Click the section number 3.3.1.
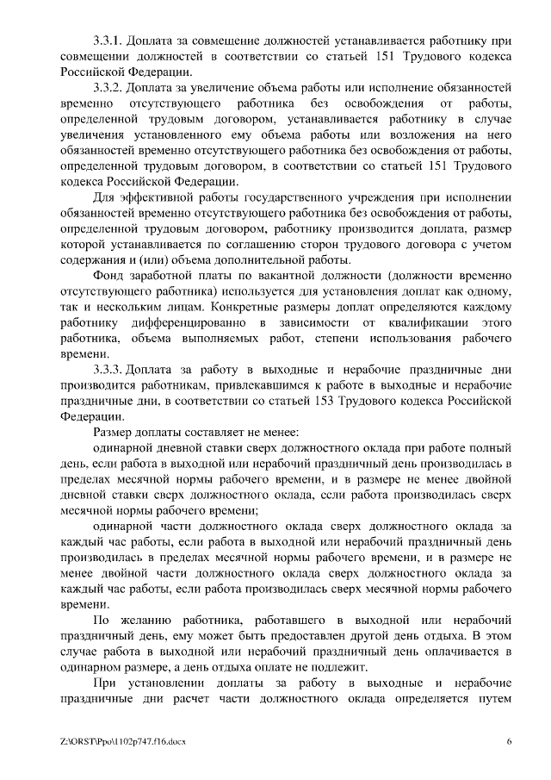tap(109, 41)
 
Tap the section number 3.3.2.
tap(109, 87)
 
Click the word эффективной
tap(158, 197)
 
